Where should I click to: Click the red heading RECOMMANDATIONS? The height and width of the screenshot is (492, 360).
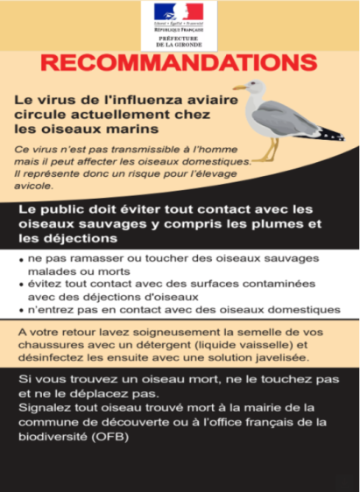179,65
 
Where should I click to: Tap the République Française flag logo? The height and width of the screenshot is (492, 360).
179,11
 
